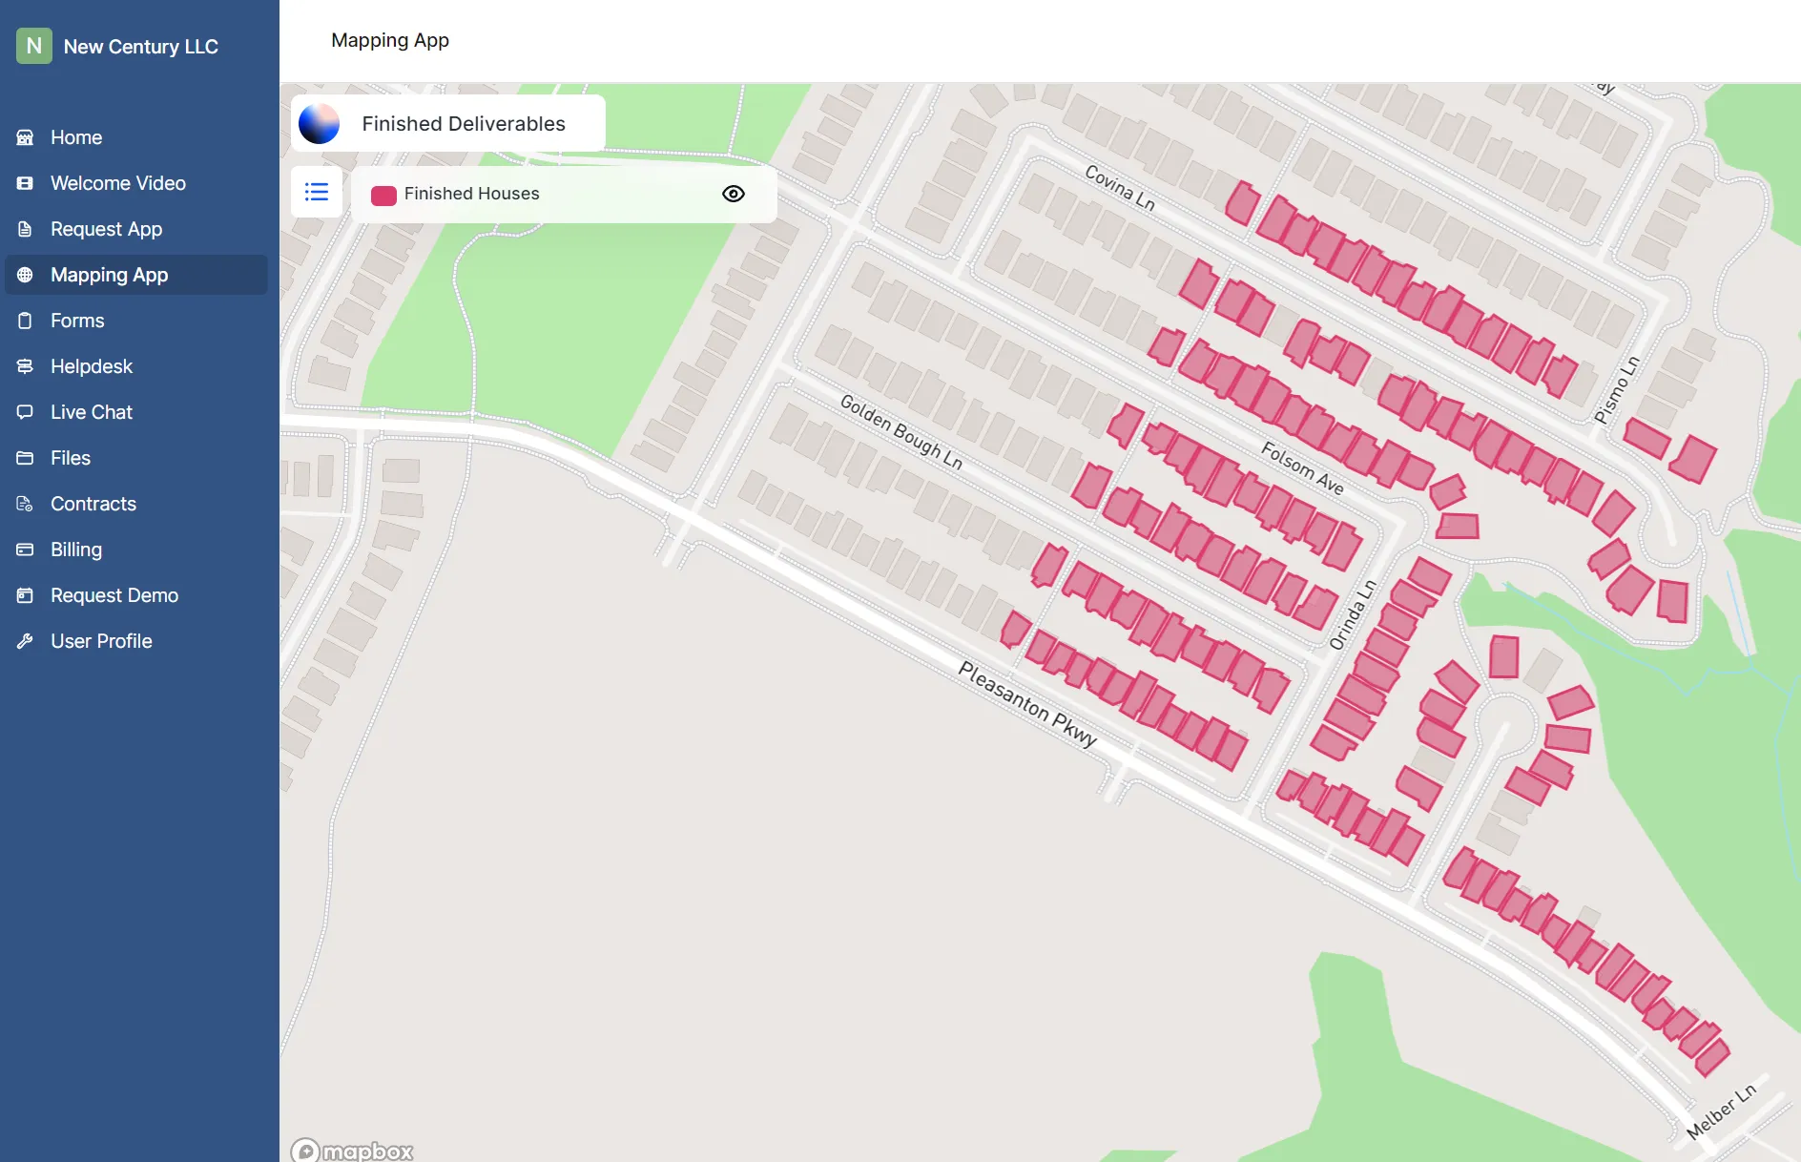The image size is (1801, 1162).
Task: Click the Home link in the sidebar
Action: point(76,137)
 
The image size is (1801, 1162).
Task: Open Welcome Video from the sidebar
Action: point(117,183)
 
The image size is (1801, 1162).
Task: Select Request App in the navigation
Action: point(106,229)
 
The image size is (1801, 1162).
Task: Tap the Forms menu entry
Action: point(77,321)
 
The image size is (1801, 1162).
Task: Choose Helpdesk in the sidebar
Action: point(92,366)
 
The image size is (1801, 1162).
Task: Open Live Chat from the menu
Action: point(92,412)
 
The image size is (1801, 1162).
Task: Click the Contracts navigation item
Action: point(93,504)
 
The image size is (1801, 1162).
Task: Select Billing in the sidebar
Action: point(76,550)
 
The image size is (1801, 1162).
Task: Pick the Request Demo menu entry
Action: point(114,595)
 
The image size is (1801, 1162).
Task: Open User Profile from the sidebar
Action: point(101,641)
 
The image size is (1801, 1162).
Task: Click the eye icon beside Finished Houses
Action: point(734,194)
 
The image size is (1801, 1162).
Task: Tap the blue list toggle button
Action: point(317,192)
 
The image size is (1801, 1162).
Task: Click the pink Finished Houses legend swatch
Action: point(383,195)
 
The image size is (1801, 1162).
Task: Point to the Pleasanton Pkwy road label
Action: point(1027,704)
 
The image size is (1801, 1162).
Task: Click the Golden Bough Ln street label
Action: point(900,432)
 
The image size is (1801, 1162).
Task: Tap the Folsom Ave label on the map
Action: point(1303,467)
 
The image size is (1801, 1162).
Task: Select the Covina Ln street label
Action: point(1120,187)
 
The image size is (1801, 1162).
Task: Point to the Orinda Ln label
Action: point(1353,615)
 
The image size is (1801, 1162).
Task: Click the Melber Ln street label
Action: point(1721,1111)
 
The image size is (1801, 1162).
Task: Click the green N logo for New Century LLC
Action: point(34,46)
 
